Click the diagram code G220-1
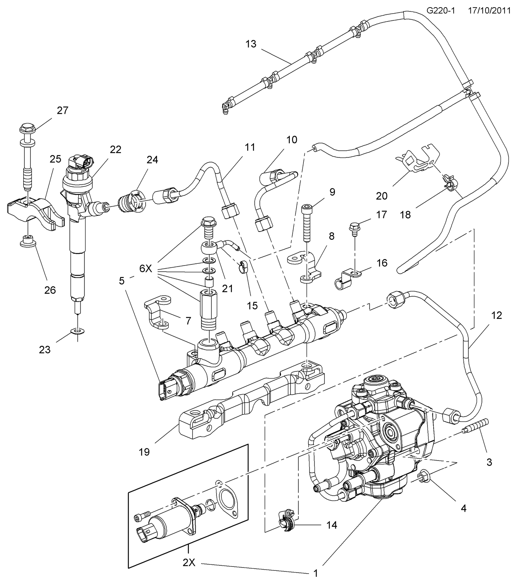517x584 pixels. [440, 11]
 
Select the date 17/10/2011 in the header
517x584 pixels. [489, 11]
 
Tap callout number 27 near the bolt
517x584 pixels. [62, 111]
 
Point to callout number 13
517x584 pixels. [251, 44]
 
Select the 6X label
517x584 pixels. [146, 268]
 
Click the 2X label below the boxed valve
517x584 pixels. [189, 563]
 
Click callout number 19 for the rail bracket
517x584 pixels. [144, 452]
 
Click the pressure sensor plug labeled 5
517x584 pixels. [165, 391]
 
